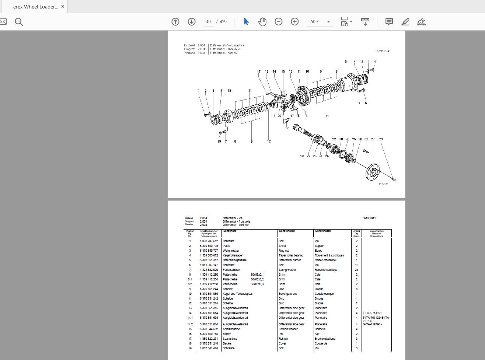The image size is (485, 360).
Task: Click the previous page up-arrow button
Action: (175, 22)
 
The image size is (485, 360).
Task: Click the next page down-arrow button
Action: (192, 22)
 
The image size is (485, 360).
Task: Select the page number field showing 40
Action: (208, 22)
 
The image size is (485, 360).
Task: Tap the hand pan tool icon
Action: (262, 22)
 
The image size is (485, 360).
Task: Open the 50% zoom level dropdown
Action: (320, 22)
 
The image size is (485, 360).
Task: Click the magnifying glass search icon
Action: (19, 22)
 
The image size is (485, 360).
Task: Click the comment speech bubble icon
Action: (389, 22)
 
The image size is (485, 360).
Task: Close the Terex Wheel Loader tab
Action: (63, 7)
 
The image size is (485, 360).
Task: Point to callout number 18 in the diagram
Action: (229, 91)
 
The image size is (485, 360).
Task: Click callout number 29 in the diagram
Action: (381, 139)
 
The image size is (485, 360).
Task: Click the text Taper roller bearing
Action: (291, 255)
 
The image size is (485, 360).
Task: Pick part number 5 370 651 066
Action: (209, 294)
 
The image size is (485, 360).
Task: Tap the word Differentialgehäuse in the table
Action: (234, 260)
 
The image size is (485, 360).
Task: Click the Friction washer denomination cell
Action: (288, 329)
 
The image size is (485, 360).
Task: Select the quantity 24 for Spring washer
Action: (356, 270)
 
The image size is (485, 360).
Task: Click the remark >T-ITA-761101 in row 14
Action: (372, 313)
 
